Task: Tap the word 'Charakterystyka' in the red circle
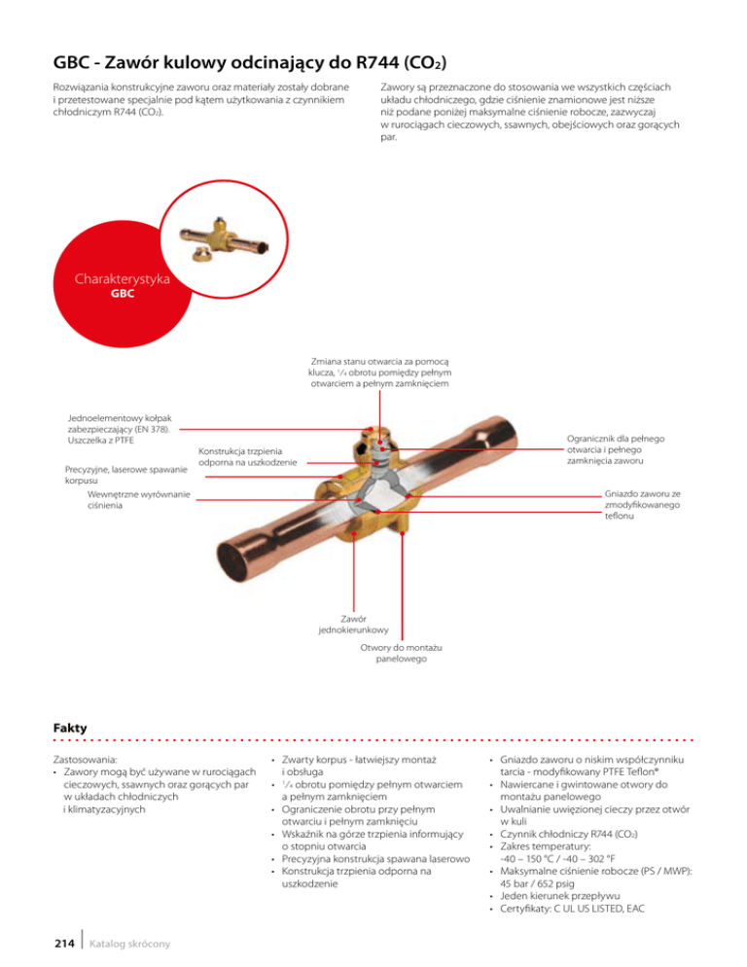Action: pyautogui.click(x=123, y=280)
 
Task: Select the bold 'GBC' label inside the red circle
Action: pyautogui.click(x=122, y=294)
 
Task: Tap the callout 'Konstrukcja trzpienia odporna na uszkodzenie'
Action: pyautogui.click(x=246, y=456)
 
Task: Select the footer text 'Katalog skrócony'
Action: pyautogui.click(x=131, y=945)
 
